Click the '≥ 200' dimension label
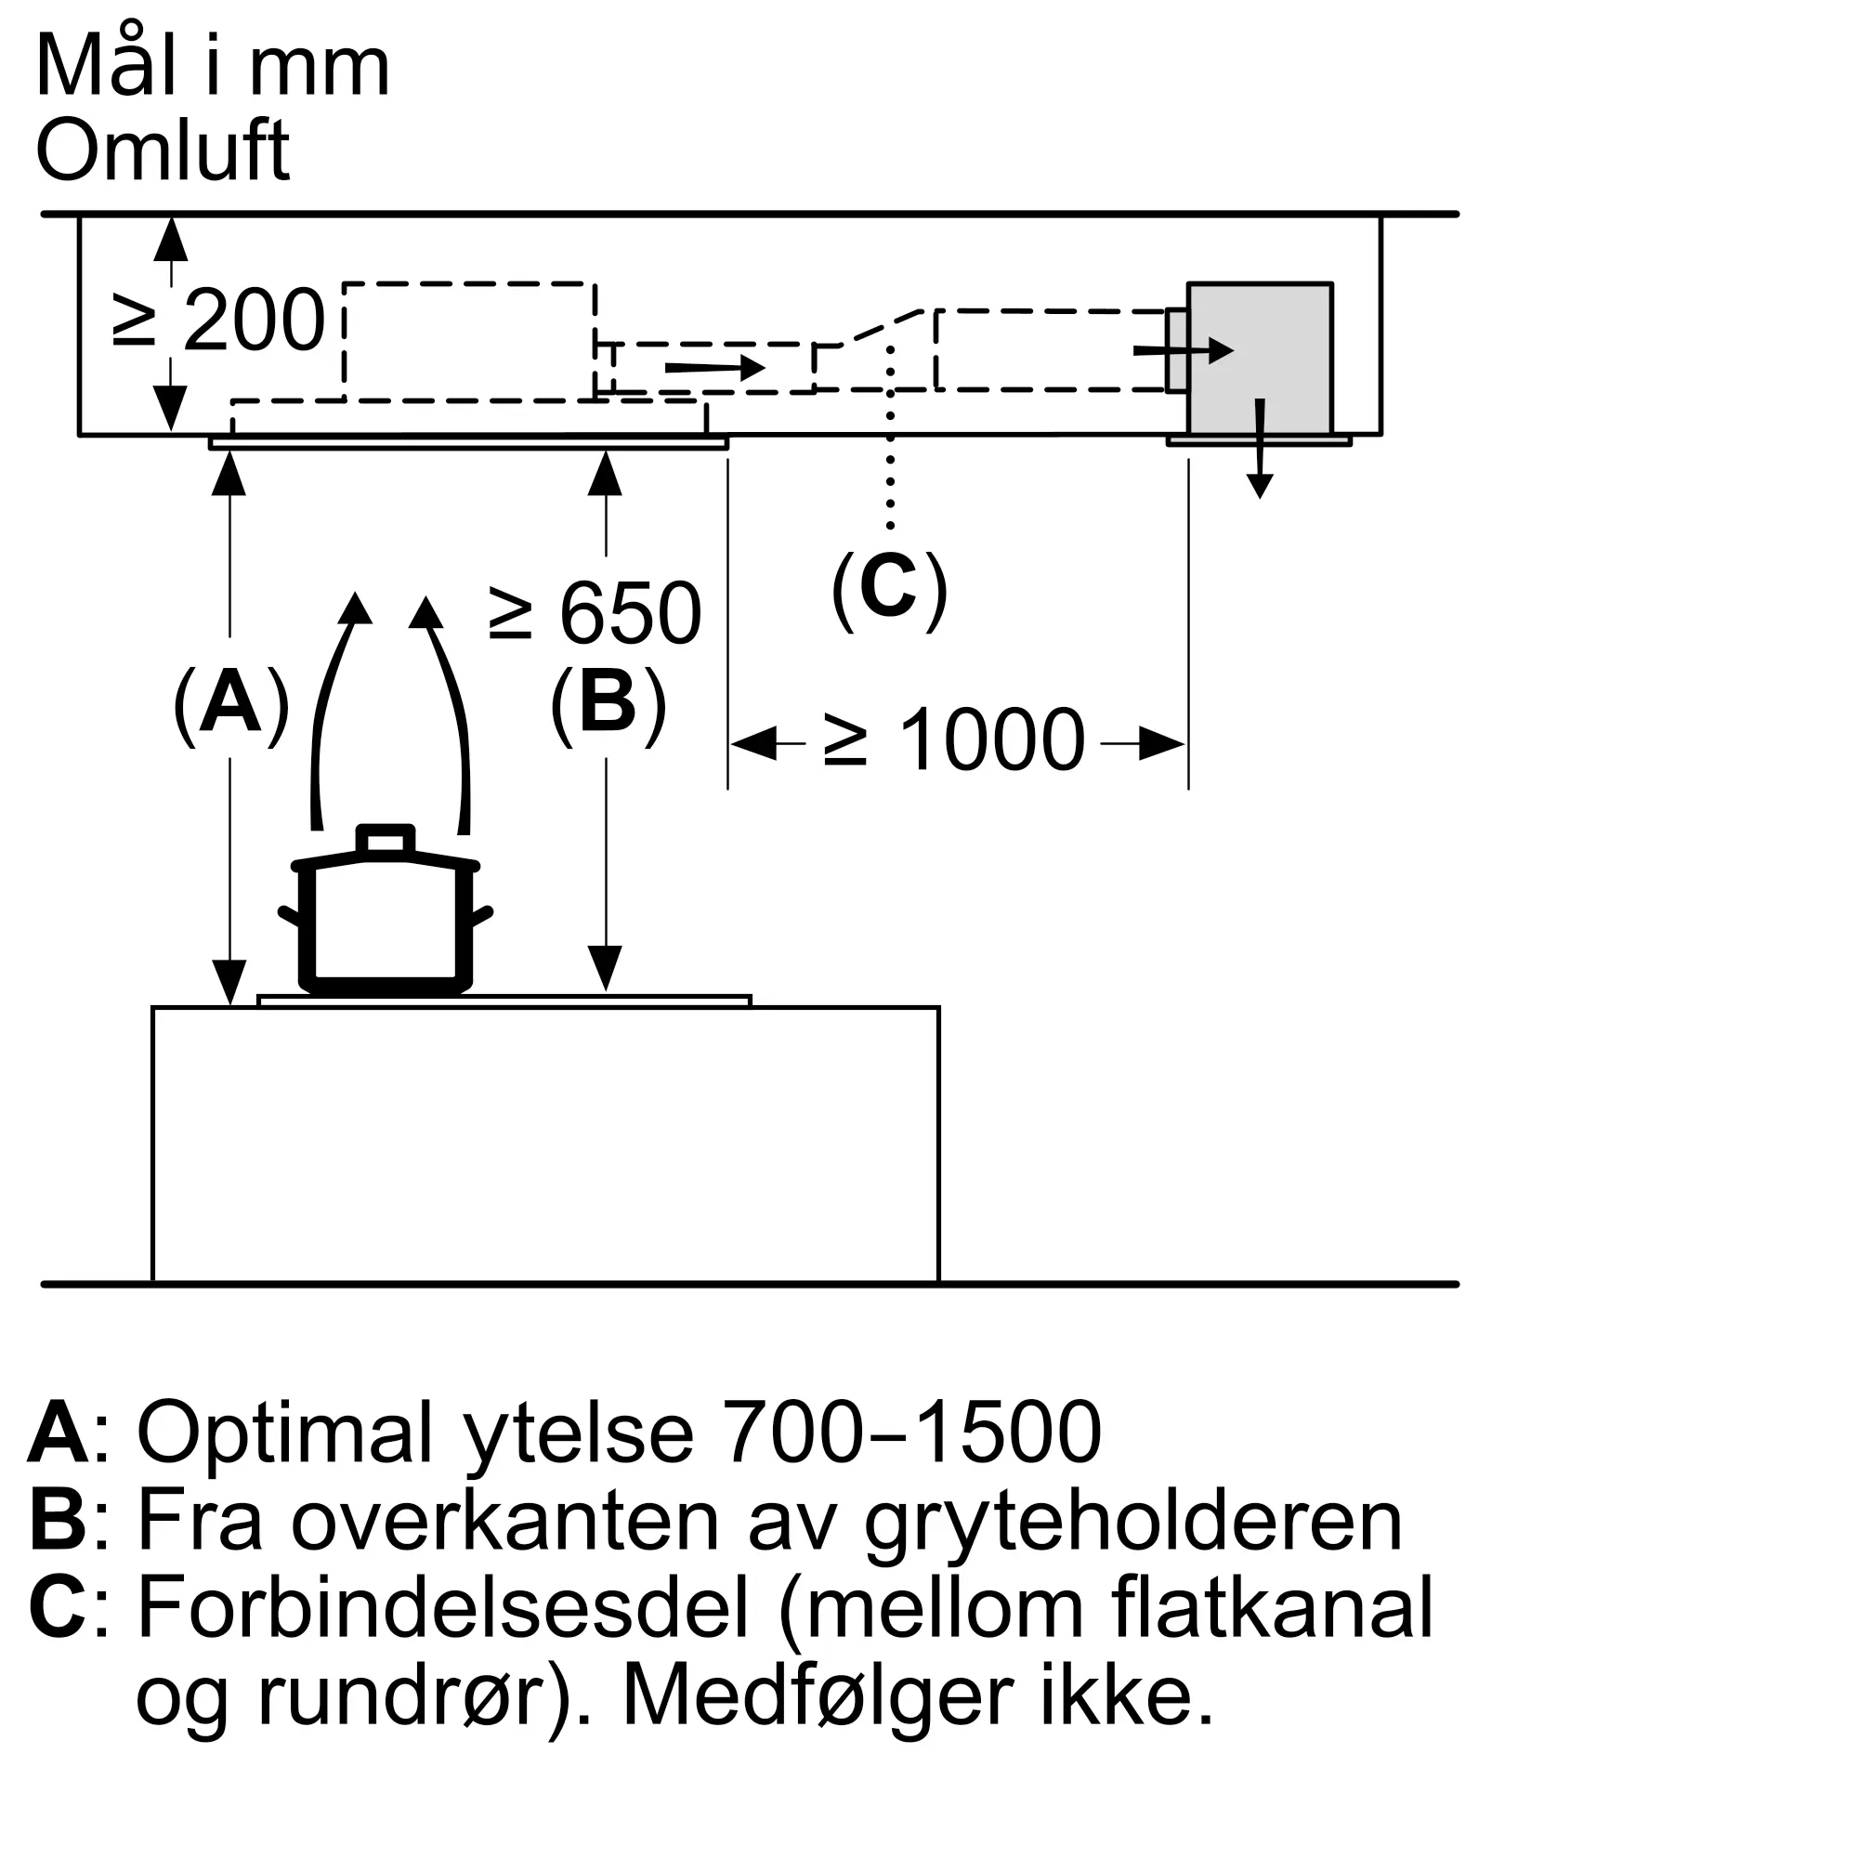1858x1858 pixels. click(219, 321)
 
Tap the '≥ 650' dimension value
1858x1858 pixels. click(595, 613)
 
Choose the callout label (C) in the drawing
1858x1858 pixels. click(889, 589)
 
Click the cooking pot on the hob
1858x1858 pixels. click(386, 920)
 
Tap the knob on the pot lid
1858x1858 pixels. click(386, 840)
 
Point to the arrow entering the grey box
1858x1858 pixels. click(1184, 351)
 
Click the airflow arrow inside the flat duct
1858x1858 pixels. click(714, 368)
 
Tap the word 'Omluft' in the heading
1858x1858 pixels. click(163, 151)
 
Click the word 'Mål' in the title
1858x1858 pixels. click(106, 67)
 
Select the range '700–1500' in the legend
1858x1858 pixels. click(910, 1432)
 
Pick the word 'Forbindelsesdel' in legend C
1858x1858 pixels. click(442, 1609)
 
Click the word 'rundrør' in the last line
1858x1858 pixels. click(403, 1697)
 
